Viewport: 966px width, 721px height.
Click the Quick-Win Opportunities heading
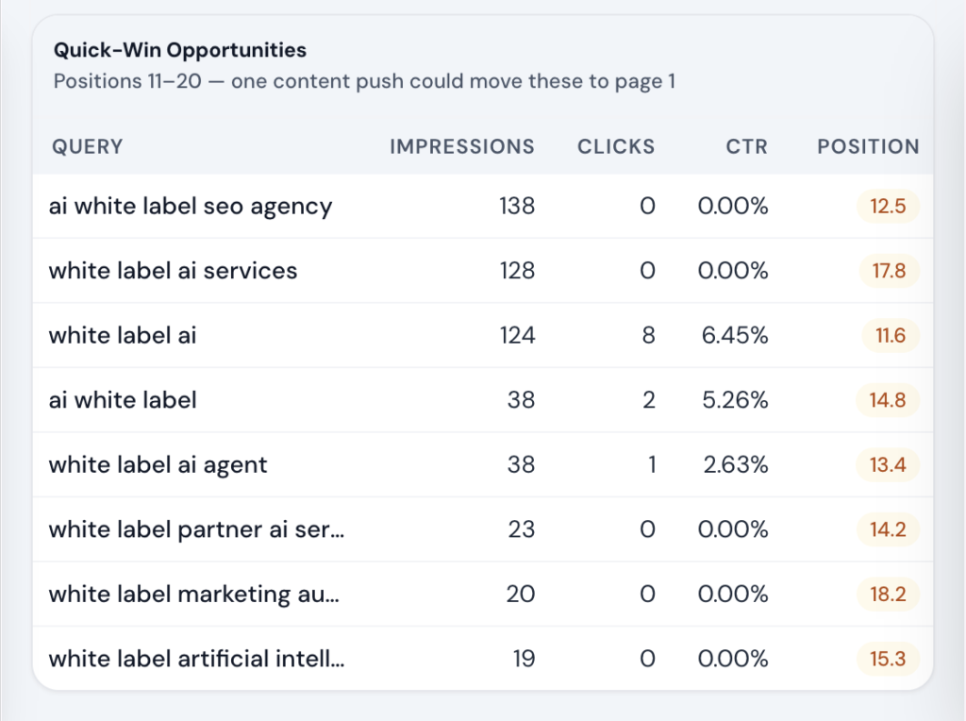pyautogui.click(x=179, y=50)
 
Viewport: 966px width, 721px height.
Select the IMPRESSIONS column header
pyautogui.click(x=462, y=146)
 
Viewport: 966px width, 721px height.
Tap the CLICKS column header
pyautogui.click(x=616, y=146)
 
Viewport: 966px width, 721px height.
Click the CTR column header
pyautogui.click(x=747, y=146)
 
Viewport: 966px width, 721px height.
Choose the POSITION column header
pyautogui.click(x=868, y=146)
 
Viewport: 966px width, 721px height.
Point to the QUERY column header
pyautogui.click(x=88, y=146)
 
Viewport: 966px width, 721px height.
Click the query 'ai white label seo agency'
pyautogui.click(x=191, y=206)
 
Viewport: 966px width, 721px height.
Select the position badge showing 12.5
pyautogui.click(x=888, y=206)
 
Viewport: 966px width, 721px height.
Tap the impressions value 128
pyautogui.click(x=517, y=271)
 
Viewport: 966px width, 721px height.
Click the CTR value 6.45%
pyautogui.click(x=733, y=335)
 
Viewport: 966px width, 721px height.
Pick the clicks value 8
pyautogui.click(x=648, y=335)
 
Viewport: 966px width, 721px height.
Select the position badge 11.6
pyautogui.click(x=890, y=335)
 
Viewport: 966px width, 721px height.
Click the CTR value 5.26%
pyautogui.click(x=733, y=400)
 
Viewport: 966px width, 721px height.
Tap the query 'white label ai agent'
pyautogui.click(x=158, y=464)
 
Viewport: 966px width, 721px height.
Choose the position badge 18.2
pyautogui.click(x=888, y=594)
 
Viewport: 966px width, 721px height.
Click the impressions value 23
pyautogui.click(x=522, y=529)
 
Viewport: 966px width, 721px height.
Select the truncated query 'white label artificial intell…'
pyautogui.click(x=196, y=659)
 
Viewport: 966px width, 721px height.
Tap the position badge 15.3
pyautogui.click(x=888, y=659)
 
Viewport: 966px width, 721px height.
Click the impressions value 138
pyautogui.click(x=517, y=206)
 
